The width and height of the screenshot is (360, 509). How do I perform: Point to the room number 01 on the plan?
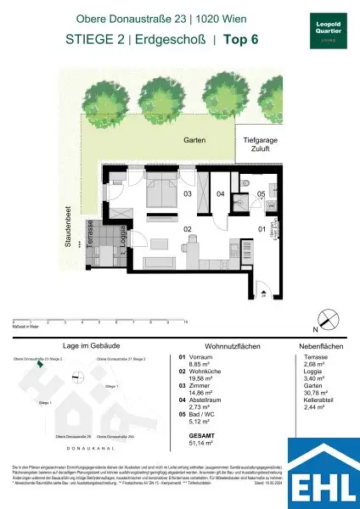pos(262,228)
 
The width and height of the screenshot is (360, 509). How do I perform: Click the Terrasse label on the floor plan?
pos(89,231)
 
